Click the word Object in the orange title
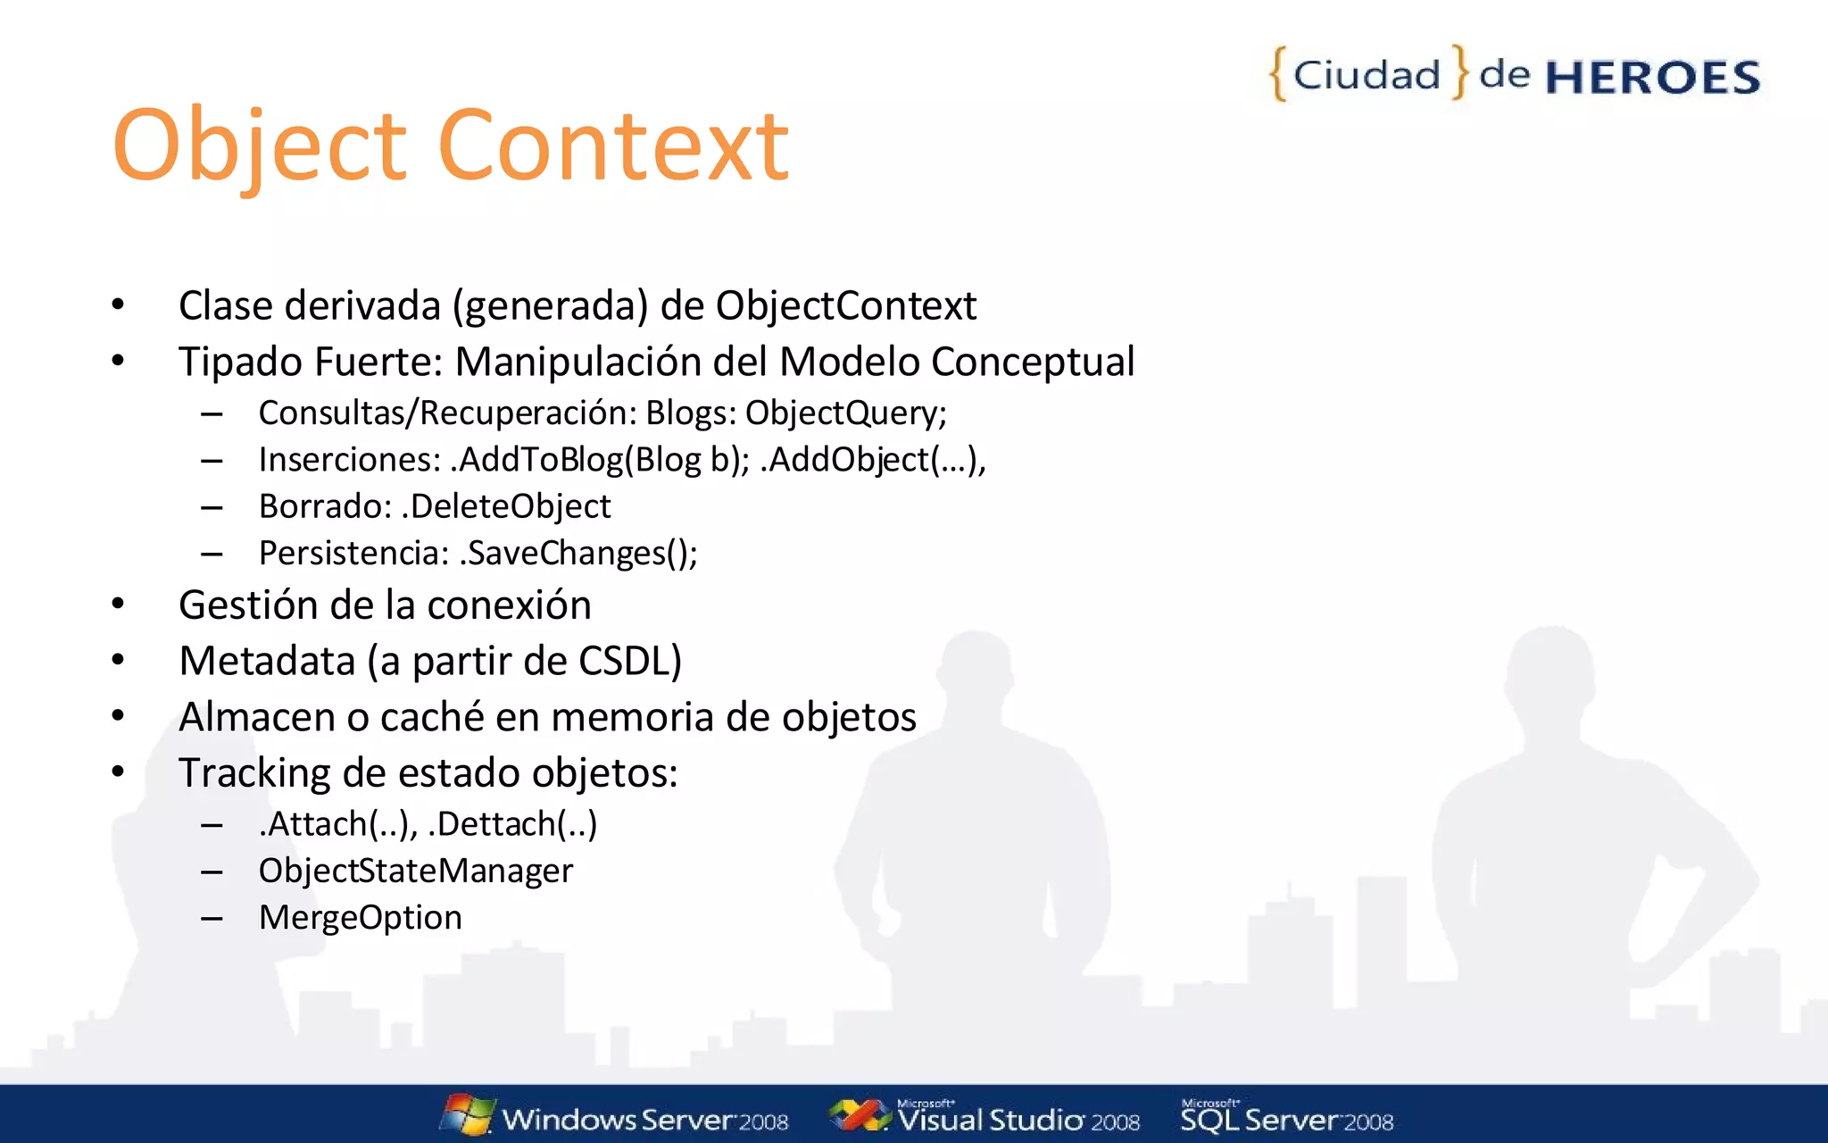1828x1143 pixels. (x=259, y=146)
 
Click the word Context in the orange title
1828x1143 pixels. (x=613, y=146)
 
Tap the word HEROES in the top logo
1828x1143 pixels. (x=1652, y=78)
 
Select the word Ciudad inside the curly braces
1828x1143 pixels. (x=1367, y=75)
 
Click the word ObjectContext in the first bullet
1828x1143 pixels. (x=845, y=305)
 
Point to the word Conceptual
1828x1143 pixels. (x=1033, y=362)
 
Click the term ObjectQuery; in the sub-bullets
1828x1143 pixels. (x=845, y=413)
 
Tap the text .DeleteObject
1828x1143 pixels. (x=506, y=506)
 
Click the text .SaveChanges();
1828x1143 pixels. (x=578, y=554)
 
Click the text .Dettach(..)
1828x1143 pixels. (x=512, y=823)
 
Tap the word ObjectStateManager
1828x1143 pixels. (x=415, y=871)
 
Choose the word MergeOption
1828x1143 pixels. (x=360, y=918)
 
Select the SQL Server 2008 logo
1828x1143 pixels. (x=1286, y=1118)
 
